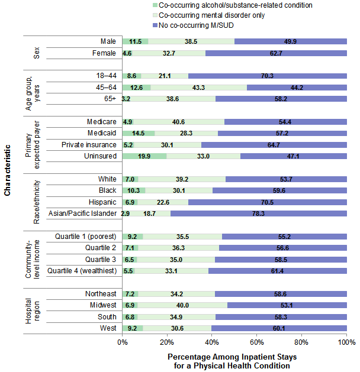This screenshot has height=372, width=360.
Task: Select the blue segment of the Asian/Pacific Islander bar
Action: click(259, 214)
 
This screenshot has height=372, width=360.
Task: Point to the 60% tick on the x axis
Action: click(257, 342)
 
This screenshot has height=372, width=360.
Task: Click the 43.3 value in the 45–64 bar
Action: click(199, 88)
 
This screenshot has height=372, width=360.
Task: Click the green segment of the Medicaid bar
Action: click(139, 133)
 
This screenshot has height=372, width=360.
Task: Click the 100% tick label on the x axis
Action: click(346, 342)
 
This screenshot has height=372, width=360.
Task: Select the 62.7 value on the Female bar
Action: click(276, 53)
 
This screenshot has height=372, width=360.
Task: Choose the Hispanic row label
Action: click(102, 202)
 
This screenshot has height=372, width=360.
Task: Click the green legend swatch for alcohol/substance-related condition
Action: click(155, 5)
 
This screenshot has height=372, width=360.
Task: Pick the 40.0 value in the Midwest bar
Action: click(182, 305)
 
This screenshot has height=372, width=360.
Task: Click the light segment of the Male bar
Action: click(191, 41)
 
